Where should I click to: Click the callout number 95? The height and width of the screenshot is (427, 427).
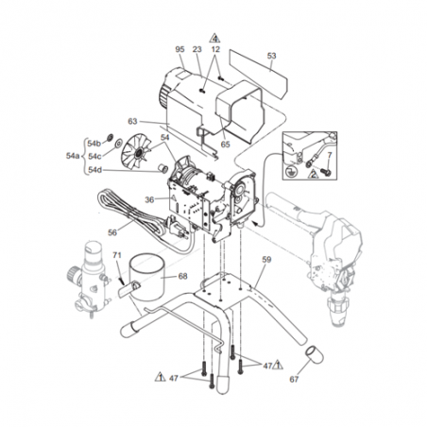pyautogui.click(x=179, y=49)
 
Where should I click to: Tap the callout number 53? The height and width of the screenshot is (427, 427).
pyautogui.click(x=271, y=56)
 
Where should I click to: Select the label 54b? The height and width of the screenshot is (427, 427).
pyautogui.click(x=94, y=144)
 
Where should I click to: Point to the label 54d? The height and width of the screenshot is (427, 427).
pyautogui.click(x=94, y=170)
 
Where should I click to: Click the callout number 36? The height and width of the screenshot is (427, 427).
pyautogui.click(x=149, y=199)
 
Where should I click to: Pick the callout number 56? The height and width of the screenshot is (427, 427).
pyautogui.click(x=112, y=232)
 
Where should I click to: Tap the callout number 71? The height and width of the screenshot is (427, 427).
pyautogui.click(x=117, y=255)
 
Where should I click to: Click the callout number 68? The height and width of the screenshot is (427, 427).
pyautogui.click(x=182, y=276)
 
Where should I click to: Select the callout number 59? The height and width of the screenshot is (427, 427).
pyautogui.click(x=266, y=260)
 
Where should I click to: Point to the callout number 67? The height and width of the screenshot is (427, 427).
pyautogui.click(x=294, y=380)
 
